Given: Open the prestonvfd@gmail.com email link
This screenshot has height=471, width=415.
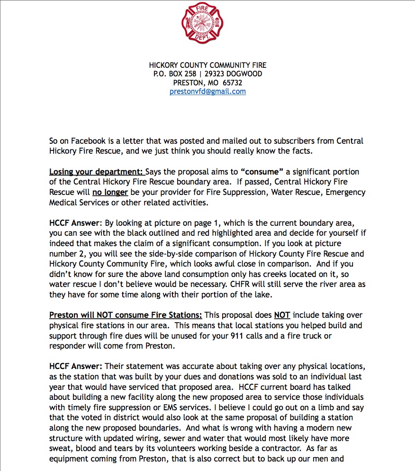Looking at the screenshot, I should (207, 92).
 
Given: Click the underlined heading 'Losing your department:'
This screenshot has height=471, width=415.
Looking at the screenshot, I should (97, 171).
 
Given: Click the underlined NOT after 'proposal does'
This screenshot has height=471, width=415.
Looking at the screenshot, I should (282, 315).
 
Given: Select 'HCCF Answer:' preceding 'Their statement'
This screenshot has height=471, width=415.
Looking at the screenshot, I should (76, 366).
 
